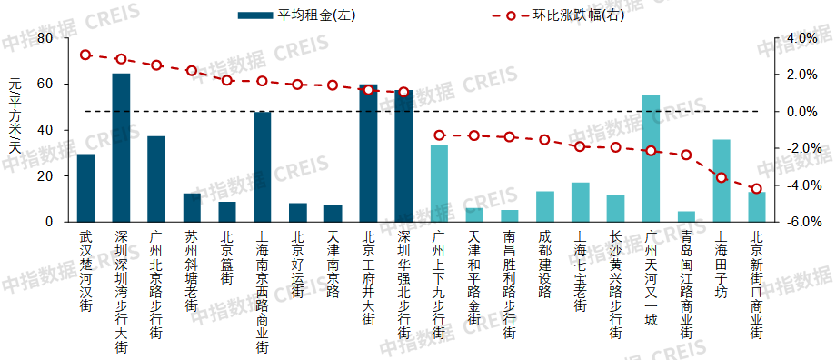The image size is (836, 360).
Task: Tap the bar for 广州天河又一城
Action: tap(651, 158)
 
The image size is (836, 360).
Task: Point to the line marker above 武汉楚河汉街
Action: tap(85, 55)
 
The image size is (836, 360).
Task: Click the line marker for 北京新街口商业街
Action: tap(757, 189)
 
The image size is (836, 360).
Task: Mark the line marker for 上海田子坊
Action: tap(722, 177)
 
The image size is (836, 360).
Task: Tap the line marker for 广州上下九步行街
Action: tap(439, 135)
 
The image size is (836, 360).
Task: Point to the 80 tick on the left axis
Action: tap(44, 38)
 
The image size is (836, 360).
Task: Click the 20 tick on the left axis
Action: tap(44, 175)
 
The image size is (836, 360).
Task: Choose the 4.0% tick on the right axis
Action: tap(802, 38)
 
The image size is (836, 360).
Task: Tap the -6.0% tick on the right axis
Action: tap(802, 222)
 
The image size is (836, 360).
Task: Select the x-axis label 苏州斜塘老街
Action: tap(192, 270)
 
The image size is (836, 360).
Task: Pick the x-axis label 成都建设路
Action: tap(545, 265)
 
